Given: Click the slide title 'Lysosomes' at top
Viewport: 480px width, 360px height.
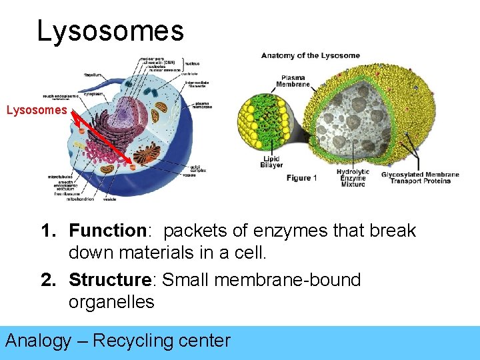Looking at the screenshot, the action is pyautogui.click(x=110, y=31).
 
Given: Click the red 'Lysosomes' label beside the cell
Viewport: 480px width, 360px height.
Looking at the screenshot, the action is pyautogui.click(x=37, y=110).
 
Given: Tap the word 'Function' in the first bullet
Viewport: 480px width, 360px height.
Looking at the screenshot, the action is pyautogui.click(x=107, y=231).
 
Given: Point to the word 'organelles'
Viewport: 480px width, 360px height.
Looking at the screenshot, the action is pyautogui.click(x=111, y=302).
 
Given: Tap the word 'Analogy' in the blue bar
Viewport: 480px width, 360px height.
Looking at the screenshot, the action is pyautogui.click(x=38, y=341).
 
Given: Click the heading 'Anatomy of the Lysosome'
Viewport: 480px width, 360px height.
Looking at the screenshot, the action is pyautogui.click(x=310, y=55).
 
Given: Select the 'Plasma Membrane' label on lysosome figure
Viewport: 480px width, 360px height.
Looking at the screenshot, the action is pyautogui.click(x=293, y=81).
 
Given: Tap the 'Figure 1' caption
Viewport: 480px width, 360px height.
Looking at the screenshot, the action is pyautogui.click(x=301, y=177).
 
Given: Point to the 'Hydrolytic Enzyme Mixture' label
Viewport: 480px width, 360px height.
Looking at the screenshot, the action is pyautogui.click(x=352, y=177).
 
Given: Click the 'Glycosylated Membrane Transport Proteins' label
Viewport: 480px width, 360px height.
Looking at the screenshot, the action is pyautogui.click(x=420, y=177).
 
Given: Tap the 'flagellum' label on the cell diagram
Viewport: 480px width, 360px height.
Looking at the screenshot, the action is pyautogui.click(x=93, y=75).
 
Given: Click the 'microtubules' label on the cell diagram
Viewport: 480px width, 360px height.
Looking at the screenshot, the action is pyautogui.click(x=60, y=177).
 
